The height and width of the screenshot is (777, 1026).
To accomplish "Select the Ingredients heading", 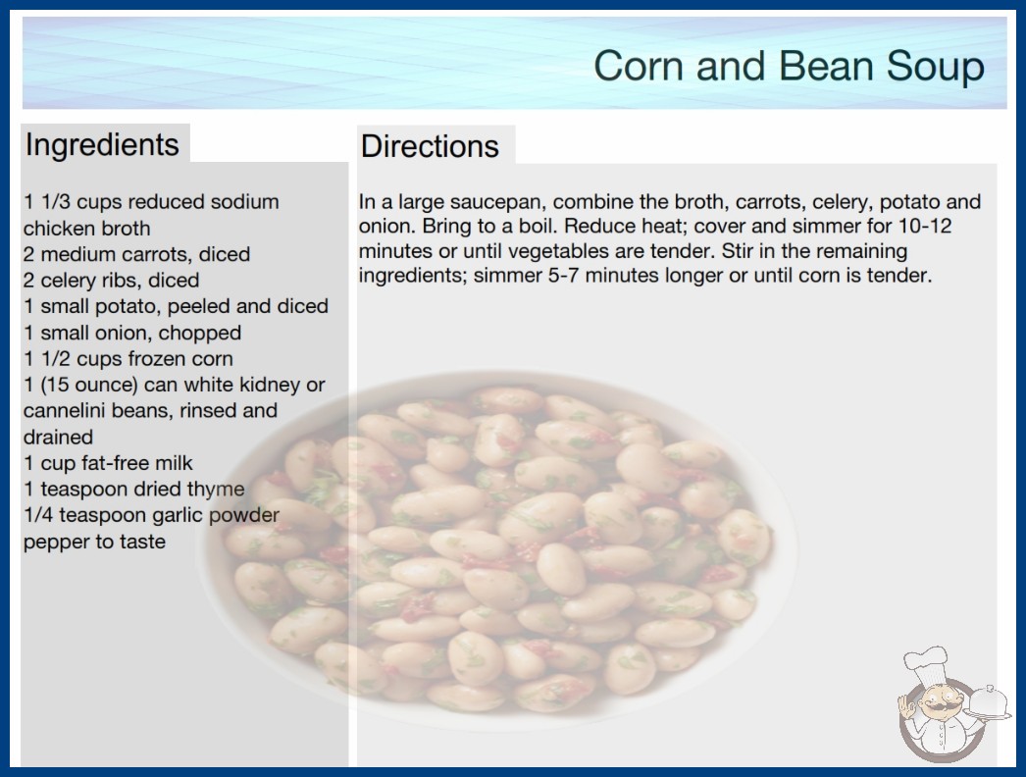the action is [x=102, y=145].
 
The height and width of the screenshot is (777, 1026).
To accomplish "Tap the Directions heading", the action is [x=430, y=146].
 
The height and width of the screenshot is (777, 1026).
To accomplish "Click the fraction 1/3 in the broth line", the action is [x=56, y=202].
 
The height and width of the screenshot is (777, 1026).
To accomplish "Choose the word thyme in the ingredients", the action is [x=216, y=489].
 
